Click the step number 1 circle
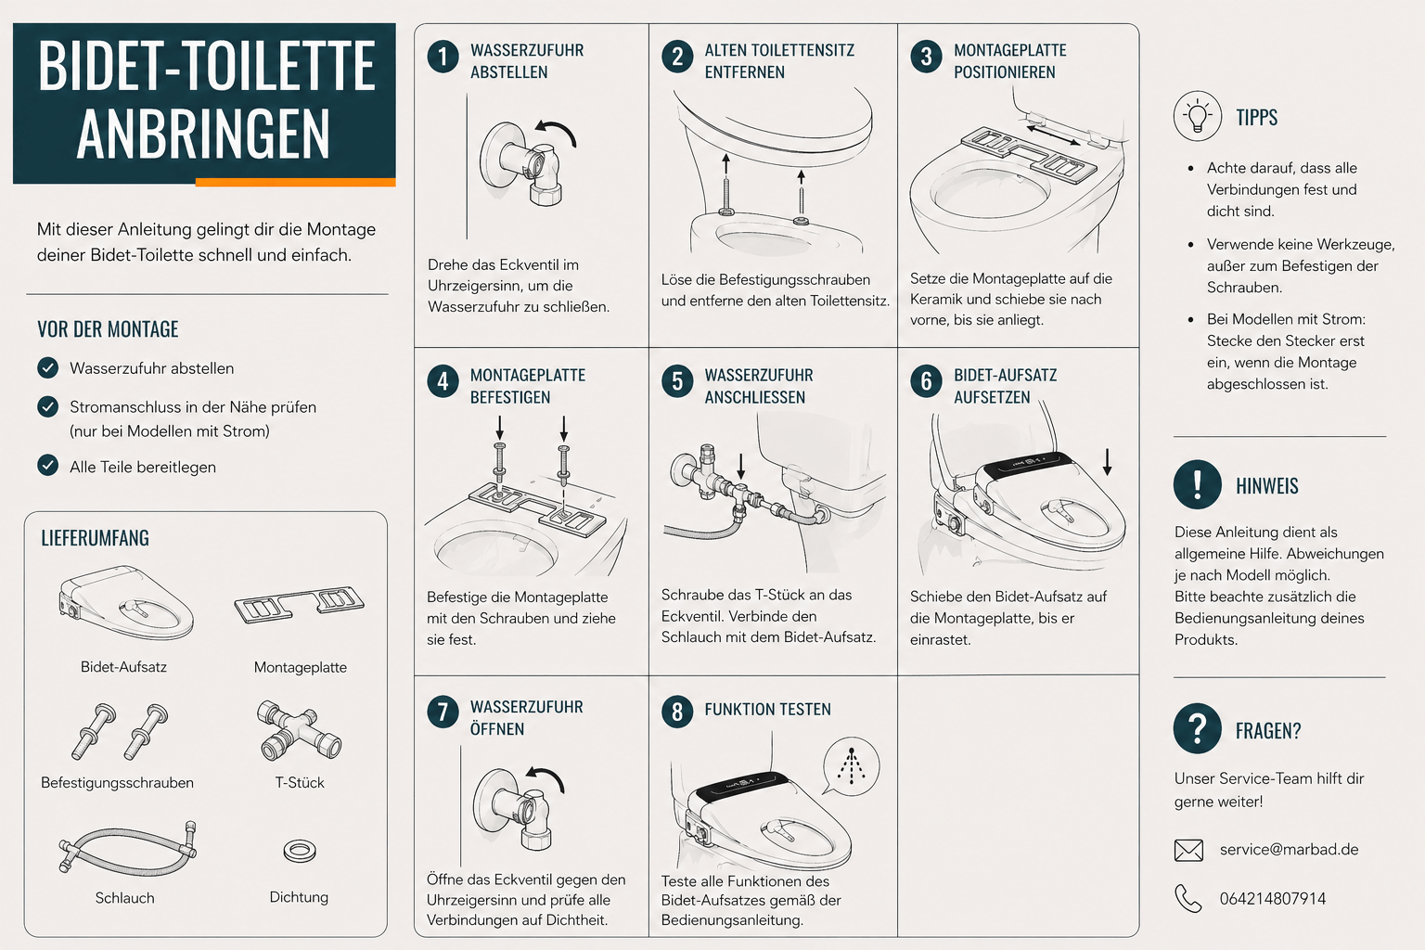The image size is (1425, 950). tap(443, 58)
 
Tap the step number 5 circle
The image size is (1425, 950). tap(677, 382)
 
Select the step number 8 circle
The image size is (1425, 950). tap(677, 712)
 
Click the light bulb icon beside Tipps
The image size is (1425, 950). tap(1198, 116)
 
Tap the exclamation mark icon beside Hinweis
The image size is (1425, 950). tap(1198, 484)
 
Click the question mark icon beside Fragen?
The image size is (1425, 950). tap(1198, 728)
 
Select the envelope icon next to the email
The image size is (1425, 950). tap(1188, 850)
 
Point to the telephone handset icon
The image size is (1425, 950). tap(1187, 898)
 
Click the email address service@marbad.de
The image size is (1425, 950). tap(1289, 850)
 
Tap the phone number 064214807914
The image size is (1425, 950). tap(1272, 898)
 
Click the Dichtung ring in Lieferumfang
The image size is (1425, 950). tap(300, 851)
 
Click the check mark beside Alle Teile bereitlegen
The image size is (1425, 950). tap(47, 465)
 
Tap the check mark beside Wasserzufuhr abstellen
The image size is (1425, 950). tap(47, 367)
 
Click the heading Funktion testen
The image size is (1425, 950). tap(767, 710)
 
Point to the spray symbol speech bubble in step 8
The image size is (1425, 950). tap(851, 766)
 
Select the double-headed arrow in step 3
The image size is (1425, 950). tap(1054, 135)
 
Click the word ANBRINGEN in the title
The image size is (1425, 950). tap(203, 134)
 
